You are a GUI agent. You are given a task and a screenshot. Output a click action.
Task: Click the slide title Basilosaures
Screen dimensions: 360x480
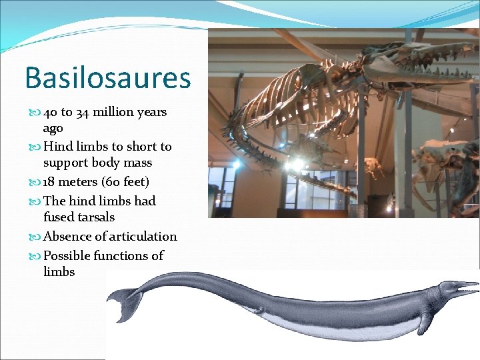tap(107, 78)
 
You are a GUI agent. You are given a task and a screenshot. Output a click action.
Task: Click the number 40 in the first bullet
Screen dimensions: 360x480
tap(51, 112)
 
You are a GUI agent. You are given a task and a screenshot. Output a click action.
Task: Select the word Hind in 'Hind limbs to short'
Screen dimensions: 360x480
tap(58, 147)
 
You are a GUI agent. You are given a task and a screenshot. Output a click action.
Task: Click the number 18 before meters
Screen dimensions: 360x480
tap(50, 182)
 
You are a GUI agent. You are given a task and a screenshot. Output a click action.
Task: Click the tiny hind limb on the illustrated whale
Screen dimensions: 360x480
tap(259, 310)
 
